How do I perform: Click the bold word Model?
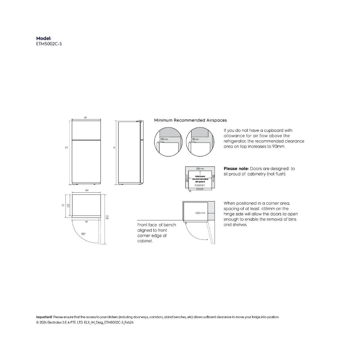point(44,38)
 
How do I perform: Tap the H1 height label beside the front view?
point(66,148)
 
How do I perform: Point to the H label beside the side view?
point(114,148)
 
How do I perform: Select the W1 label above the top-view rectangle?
point(86,190)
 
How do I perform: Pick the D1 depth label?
point(68,205)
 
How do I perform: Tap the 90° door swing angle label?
point(83,233)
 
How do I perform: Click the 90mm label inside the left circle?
point(164,140)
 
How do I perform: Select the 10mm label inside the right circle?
point(195,140)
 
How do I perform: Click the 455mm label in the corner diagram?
point(200,213)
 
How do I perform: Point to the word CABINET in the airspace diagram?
point(200,185)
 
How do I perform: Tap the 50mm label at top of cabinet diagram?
point(200,169)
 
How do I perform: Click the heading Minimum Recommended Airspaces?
point(190,120)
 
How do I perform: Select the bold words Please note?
point(236,169)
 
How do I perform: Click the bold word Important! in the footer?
point(44,317)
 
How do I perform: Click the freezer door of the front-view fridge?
point(86,130)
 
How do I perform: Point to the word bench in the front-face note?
point(170,225)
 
